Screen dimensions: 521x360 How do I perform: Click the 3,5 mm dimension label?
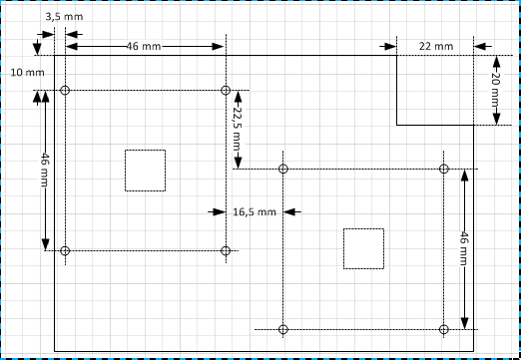[x=64, y=17]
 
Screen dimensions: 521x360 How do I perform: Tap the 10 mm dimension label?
[x=27, y=73]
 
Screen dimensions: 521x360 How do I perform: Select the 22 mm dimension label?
[x=436, y=46]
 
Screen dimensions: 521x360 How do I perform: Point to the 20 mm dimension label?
[x=496, y=89]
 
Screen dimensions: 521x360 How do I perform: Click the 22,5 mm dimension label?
[x=238, y=129]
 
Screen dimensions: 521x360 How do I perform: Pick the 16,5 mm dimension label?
[x=255, y=211]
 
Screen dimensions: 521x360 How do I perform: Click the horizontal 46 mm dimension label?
[x=144, y=46]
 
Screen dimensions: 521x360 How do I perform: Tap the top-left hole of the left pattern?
[x=65, y=90]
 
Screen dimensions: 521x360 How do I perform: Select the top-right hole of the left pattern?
[x=226, y=90]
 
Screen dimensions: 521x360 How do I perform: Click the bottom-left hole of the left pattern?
[x=65, y=250]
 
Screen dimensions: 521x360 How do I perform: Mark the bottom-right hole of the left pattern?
[x=226, y=250]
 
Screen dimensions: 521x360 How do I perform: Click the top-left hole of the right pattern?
[x=282, y=169]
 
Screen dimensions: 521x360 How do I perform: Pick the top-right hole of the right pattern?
[x=443, y=169]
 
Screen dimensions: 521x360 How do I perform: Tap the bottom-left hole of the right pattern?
[x=282, y=329]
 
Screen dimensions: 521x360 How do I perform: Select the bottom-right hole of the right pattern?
[x=443, y=329]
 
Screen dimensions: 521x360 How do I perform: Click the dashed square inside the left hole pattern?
[x=125, y=171]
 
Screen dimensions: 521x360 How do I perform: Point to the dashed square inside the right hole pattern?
[x=343, y=248]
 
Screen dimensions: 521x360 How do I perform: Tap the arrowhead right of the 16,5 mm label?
[x=289, y=211]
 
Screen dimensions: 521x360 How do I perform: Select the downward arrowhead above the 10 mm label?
[x=37, y=49]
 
